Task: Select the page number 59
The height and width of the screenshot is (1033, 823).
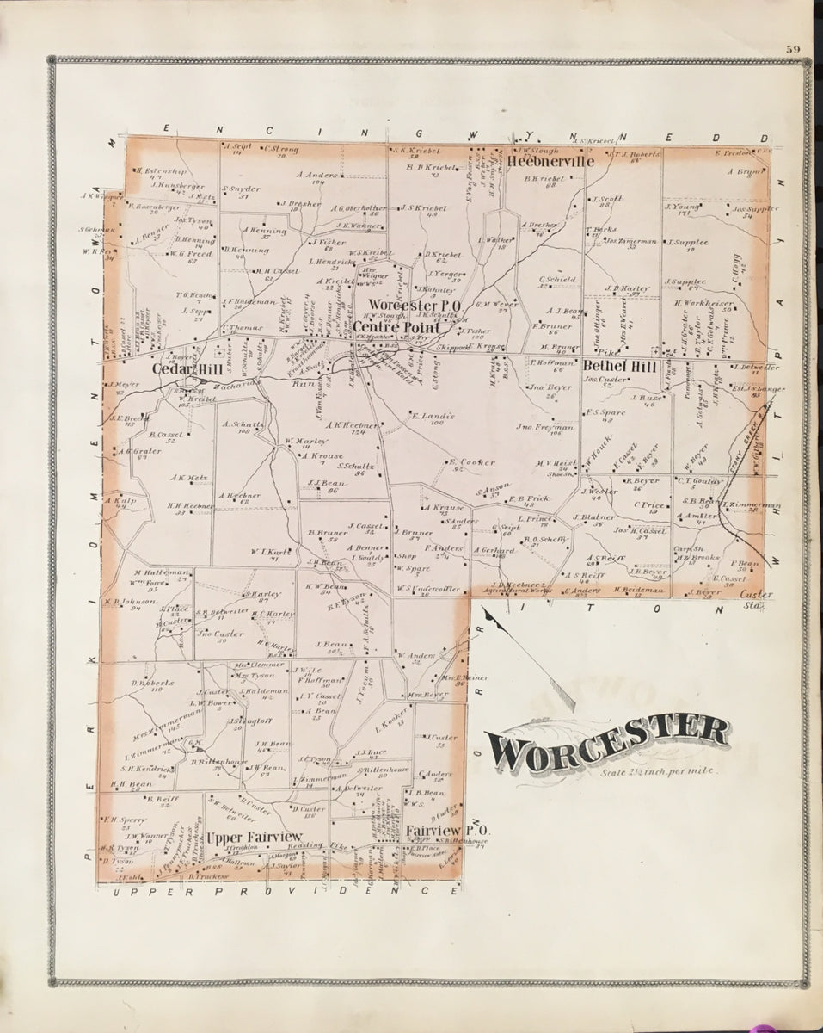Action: tap(792, 49)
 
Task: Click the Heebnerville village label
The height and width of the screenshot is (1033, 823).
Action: tap(551, 162)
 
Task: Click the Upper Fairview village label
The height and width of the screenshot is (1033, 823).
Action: tap(255, 836)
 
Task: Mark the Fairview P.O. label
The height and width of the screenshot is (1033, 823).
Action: tap(436, 832)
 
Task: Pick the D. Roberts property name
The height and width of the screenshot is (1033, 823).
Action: tap(147, 684)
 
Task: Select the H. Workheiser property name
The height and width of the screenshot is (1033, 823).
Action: tap(702, 303)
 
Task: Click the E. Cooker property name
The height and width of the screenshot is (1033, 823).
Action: tap(473, 462)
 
